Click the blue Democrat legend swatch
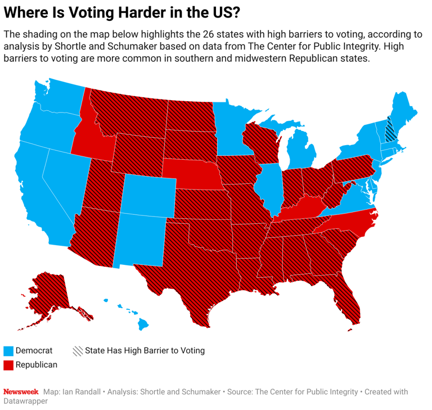pos(8,351)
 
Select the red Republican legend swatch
pos(8,365)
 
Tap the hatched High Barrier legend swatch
pos(78,351)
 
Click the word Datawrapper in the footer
pos(25,402)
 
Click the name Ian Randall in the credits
pos(81,392)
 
